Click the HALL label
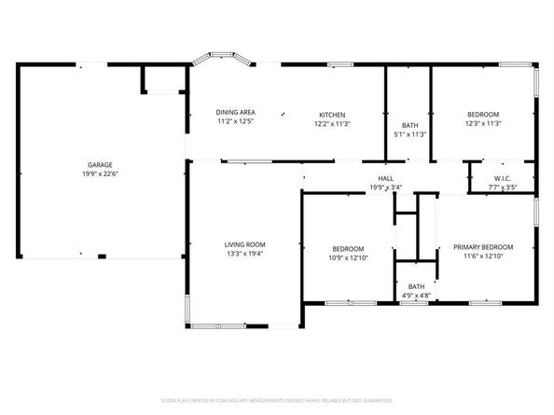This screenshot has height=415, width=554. point(384,178)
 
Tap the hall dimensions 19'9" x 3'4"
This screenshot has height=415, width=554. point(384,187)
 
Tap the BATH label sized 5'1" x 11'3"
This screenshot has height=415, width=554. point(409,125)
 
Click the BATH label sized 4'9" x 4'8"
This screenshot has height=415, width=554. point(416,286)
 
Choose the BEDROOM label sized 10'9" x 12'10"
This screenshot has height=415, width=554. point(348,248)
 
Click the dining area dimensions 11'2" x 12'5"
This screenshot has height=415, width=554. point(236,121)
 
